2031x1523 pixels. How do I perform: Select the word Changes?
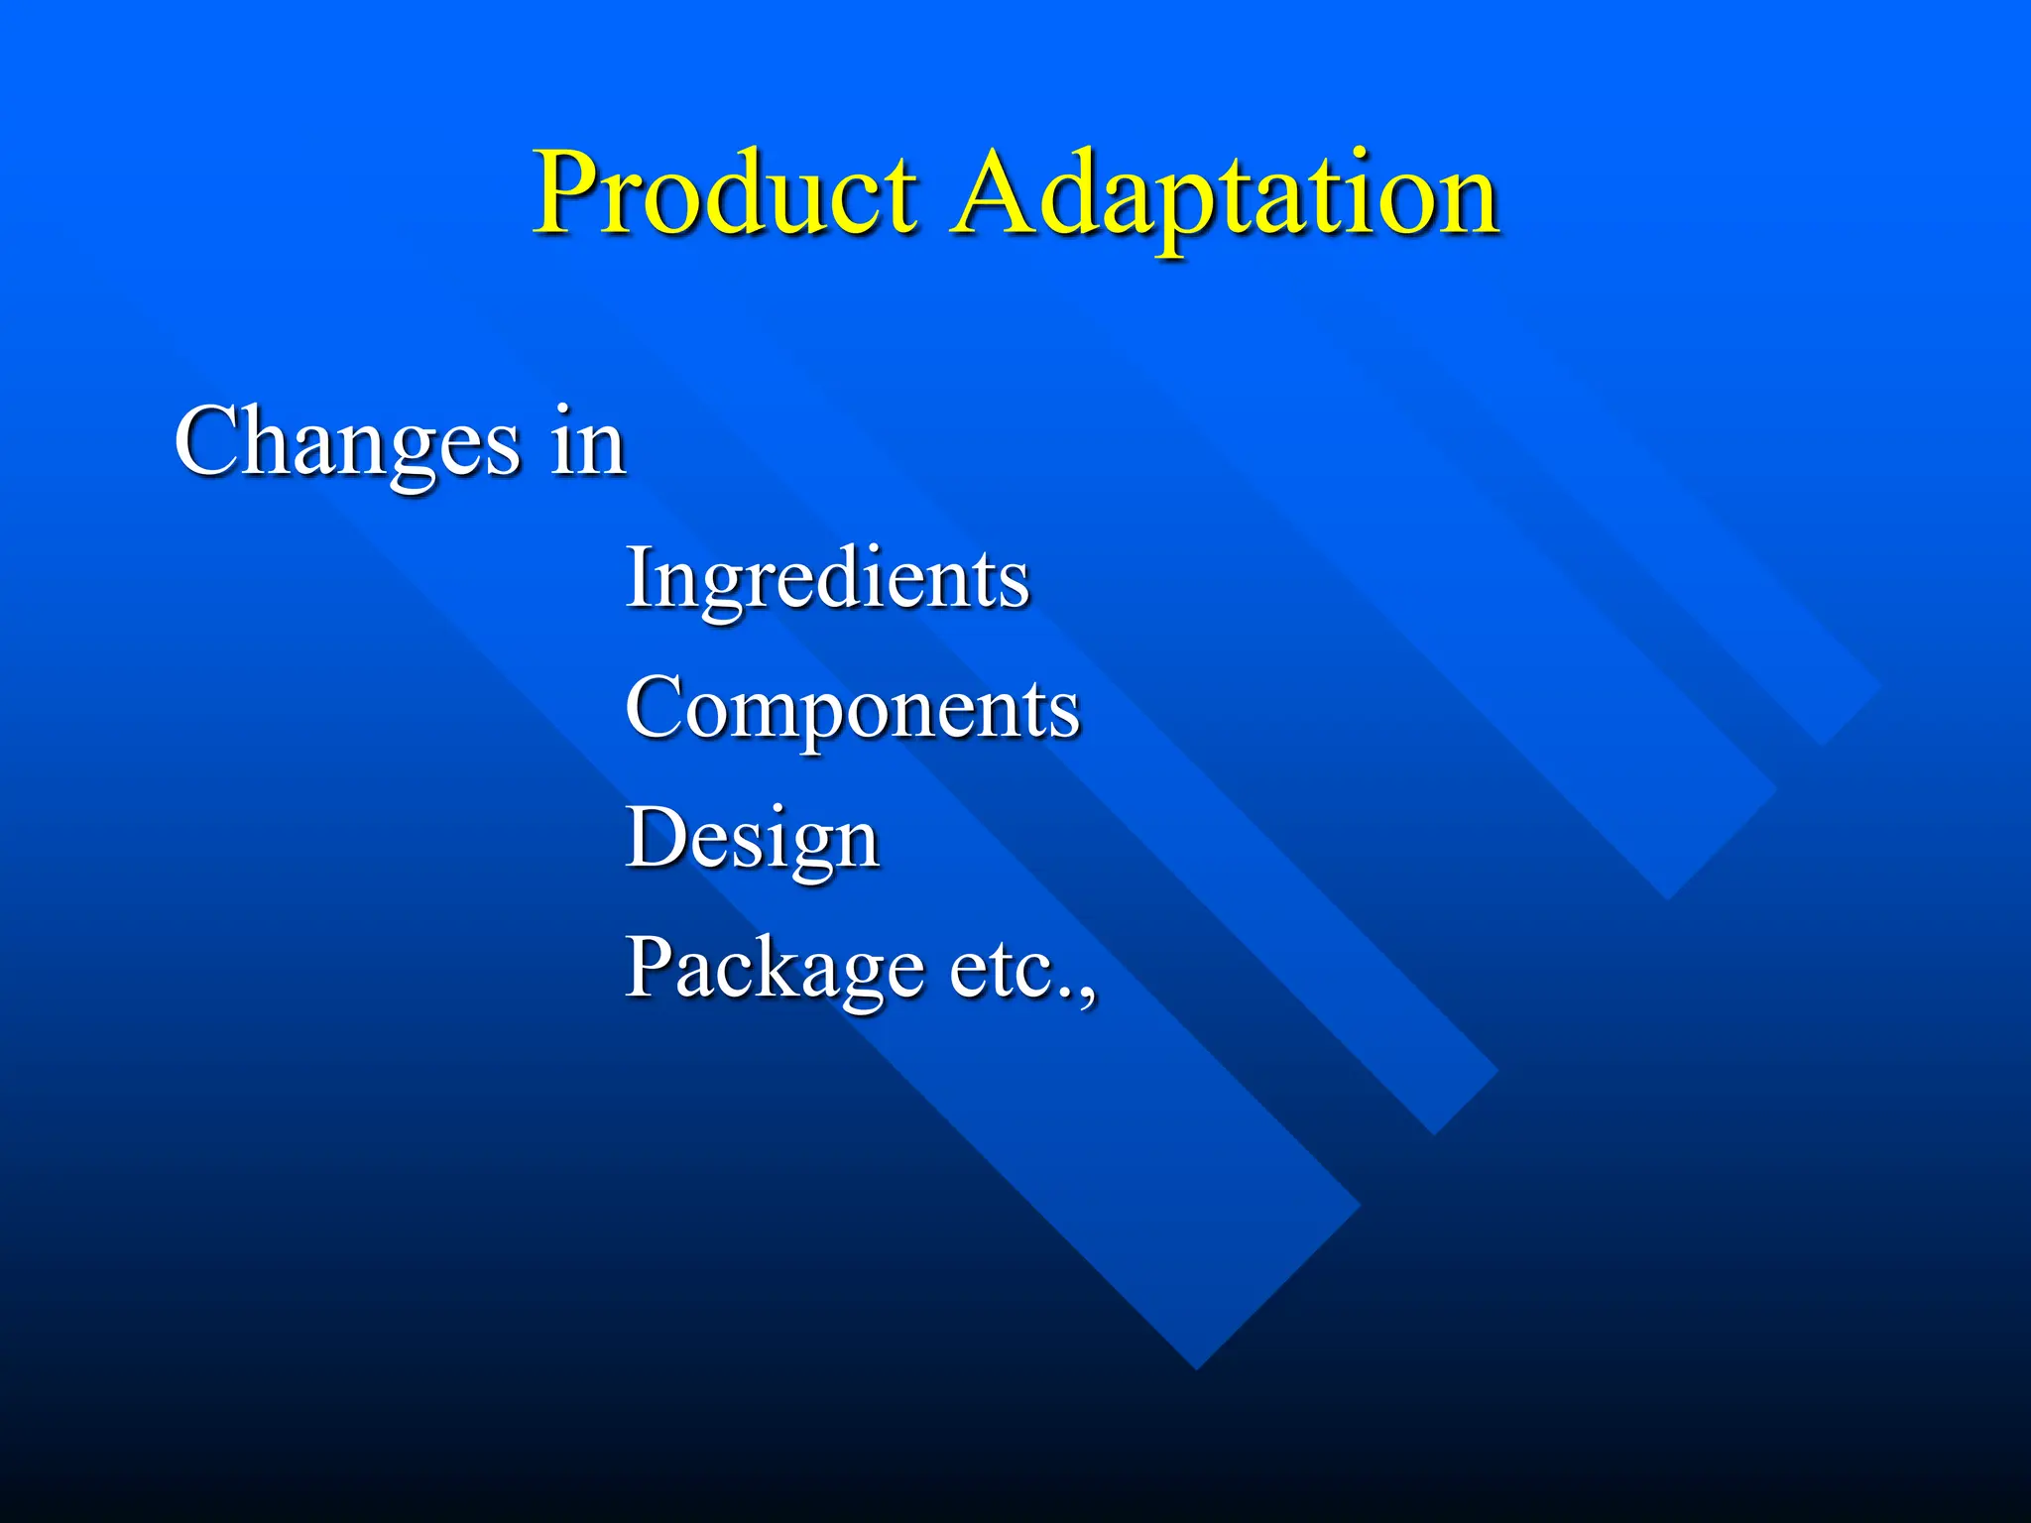(347, 442)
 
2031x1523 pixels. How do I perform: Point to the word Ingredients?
(827, 579)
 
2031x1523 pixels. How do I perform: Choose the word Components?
(852, 709)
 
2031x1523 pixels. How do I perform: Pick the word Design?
(752, 839)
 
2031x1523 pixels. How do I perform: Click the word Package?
(775, 969)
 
